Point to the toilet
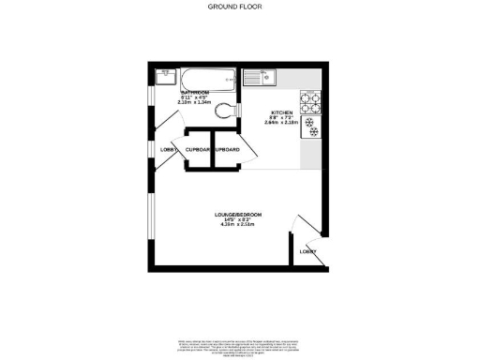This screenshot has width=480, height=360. pyautogui.click(x=222, y=110)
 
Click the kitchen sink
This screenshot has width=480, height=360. pyautogui.click(x=258, y=77)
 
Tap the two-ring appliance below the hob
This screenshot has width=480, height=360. pyautogui.click(x=310, y=131)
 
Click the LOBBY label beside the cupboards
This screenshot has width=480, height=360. pyautogui.click(x=169, y=150)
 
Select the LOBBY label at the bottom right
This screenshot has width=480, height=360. pyautogui.click(x=307, y=251)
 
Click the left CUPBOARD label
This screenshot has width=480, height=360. pyautogui.click(x=198, y=150)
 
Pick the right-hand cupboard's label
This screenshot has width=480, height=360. pyautogui.click(x=228, y=150)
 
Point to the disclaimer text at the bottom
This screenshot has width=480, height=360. pyautogui.click(x=239, y=342)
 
